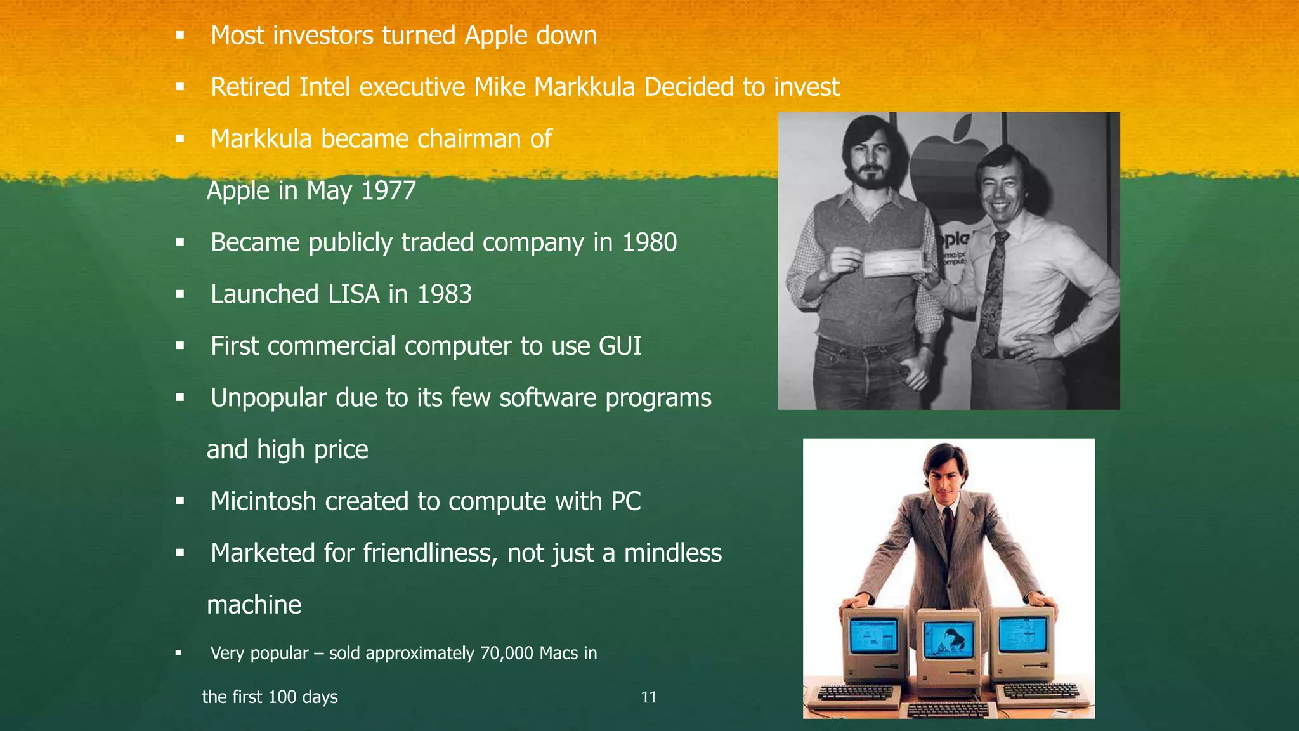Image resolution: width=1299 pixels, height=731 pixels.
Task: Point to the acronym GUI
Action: tap(620, 346)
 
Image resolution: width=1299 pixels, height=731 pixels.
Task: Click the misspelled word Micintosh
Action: tap(263, 501)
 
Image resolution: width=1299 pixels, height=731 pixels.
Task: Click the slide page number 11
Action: tap(649, 697)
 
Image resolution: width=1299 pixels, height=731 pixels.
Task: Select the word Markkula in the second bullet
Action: tap(585, 87)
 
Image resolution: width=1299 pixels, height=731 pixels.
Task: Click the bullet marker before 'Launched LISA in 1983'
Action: tap(180, 294)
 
